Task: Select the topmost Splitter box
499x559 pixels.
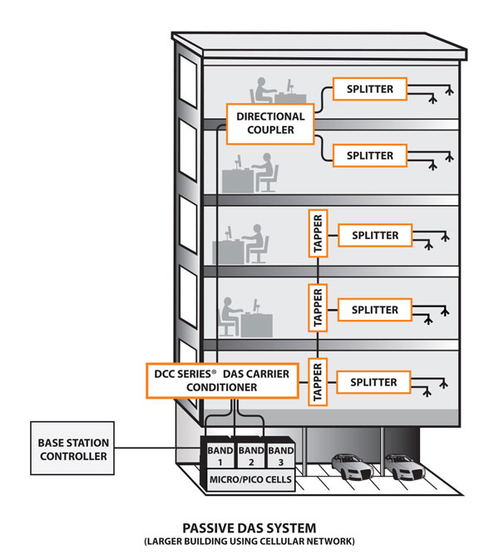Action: click(x=369, y=89)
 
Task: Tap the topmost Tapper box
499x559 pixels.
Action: click(x=316, y=235)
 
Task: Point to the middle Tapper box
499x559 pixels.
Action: click(x=316, y=309)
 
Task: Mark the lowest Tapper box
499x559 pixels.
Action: click(x=316, y=382)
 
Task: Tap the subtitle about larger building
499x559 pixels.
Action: click(x=248, y=542)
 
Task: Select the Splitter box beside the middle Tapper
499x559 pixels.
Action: click(x=374, y=309)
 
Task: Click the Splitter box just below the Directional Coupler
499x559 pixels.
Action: click(x=369, y=154)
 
